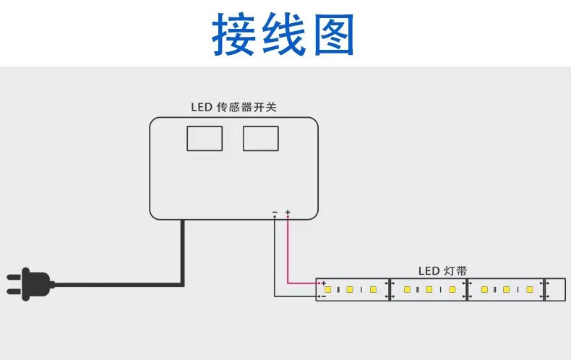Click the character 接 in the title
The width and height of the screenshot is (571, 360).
pyautogui.click(x=233, y=34)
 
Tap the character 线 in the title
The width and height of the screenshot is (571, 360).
pyautogui.click(x=283, y=34)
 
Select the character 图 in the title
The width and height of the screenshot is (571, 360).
pyautogui.click(x=334, y=35)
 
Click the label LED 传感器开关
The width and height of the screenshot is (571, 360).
pyautogui.click(x=233, y=107)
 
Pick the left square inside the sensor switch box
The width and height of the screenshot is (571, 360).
pyautogui.click(x=205, y=139)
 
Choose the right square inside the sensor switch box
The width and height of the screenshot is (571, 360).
pyautogui.click(x=261, y=139)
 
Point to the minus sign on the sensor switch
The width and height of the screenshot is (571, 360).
pyautogui.click(x=275, y=212)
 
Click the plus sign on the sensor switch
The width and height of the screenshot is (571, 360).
pyautogui.click(x=288, y=212)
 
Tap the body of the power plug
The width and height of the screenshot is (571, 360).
pyautogui.click(x=37, y=284)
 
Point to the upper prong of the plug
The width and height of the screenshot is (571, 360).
pyautogui.click(x=14, y=278)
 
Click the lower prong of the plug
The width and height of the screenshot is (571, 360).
pyautogui.click(x=14, y=291)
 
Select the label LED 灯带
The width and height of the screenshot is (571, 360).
pyautogui.click(x=442, y=271)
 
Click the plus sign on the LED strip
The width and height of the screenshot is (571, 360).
pyautogui.click(x=323, y=283)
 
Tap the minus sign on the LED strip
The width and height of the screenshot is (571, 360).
pyautogui.click(x=323, y=296)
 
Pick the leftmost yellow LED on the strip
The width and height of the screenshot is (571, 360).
pyautogui.click(x=327, y=290)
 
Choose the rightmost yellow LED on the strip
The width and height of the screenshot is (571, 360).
pyautogui.click(x=530, y=290)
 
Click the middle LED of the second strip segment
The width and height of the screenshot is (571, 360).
pyautogui.click(x=429, y=290)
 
